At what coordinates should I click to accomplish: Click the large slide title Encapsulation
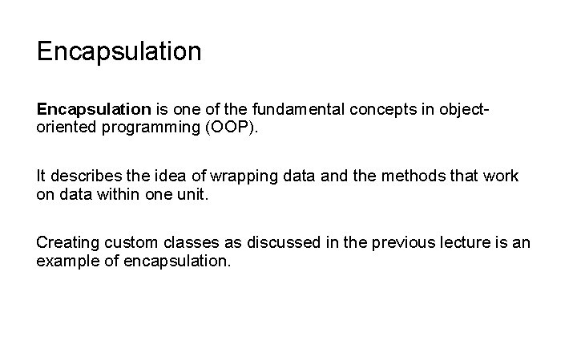click(119, 53)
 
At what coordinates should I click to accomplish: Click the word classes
click(192, 242)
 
